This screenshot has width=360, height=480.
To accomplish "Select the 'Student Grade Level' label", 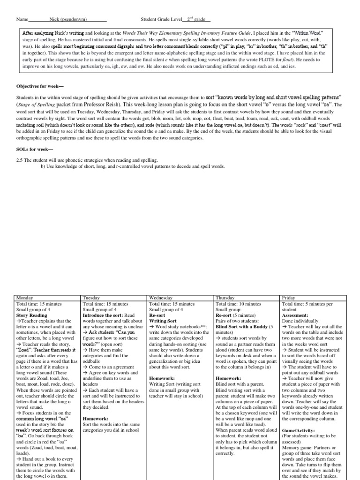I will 160,20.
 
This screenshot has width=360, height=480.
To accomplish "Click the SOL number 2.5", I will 20,160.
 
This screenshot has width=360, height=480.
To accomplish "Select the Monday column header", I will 24,298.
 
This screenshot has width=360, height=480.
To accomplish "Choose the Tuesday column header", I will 91,298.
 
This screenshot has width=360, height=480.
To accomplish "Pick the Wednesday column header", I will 160,298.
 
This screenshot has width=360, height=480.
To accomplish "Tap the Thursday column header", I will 225,298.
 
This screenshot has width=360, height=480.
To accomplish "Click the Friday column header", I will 289,298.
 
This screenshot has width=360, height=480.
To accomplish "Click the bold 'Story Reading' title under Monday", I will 32,315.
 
